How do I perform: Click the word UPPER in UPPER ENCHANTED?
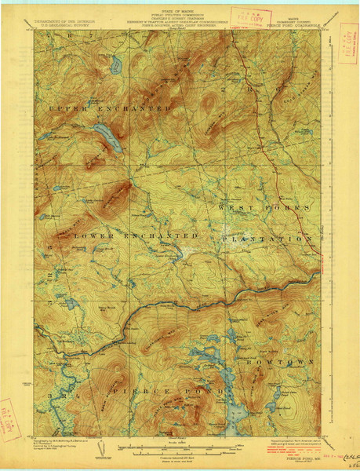[64, 107]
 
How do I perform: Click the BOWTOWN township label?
[290, 362]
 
